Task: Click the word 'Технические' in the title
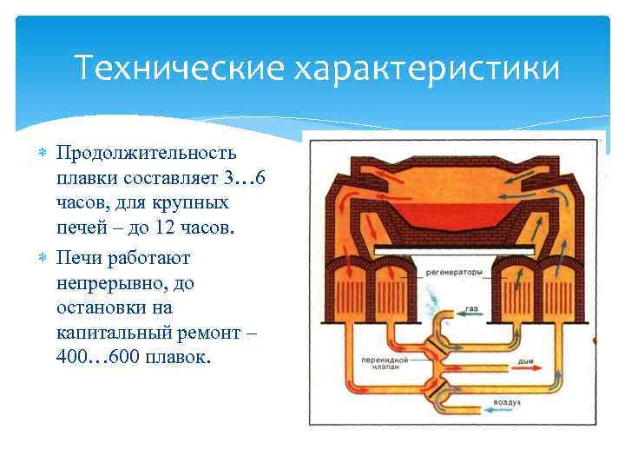click(x=181, y=67)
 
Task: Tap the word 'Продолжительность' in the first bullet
click(x=146, y=154)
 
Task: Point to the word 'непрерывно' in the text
click(x=105, y=282)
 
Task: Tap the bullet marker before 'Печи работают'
click(x=43, y=258)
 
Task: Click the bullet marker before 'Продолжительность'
click(x=43, y=154)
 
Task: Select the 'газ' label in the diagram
click(x=472, y=309)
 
